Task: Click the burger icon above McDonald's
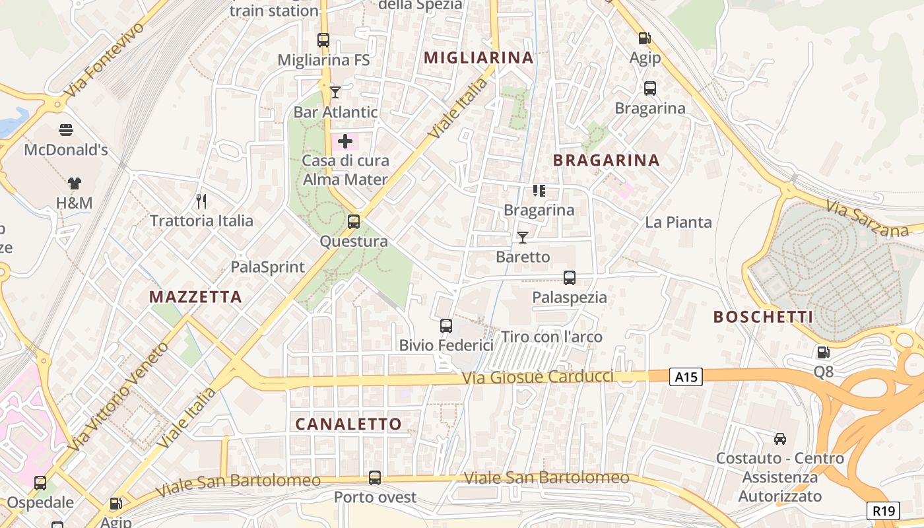(x=66, y=129)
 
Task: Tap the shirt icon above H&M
(x=74, y=183)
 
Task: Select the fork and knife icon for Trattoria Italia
(x=202, y=200)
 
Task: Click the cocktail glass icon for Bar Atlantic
(x=335, y=92)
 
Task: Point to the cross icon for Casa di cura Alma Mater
(x=345, y=141)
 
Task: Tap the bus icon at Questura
(x=354, y=221)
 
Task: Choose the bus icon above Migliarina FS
(x=323, y=40)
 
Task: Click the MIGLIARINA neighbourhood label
(x=478, y=57)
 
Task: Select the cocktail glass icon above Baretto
(x=523, y=236)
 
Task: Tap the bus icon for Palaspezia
(x=570, y=278)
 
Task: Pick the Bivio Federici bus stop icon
(x=446, y=325)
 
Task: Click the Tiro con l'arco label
(x=552, y=337)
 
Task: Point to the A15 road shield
(x=686, y=377)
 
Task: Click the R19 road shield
(x=883, y=510)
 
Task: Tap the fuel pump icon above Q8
(x=823, y=352)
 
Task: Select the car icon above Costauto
(x=780, y=438)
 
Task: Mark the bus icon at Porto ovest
(x=375, y=477)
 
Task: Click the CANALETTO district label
(x=348, y=424)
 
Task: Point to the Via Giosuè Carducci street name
(x=538, y=378)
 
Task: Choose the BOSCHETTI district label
(x=763, y=317)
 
